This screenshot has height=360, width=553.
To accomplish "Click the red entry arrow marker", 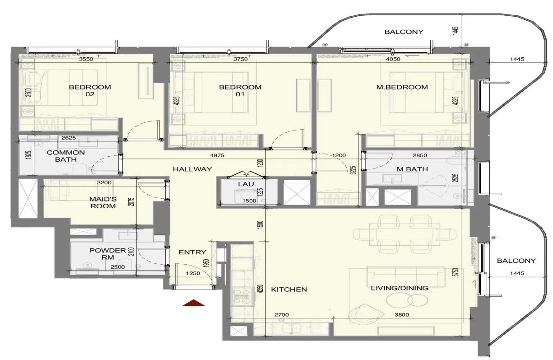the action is tap(194, 303).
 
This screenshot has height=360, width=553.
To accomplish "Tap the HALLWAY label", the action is tap(192, 169).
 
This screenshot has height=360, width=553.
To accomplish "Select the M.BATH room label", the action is tap(412, 169).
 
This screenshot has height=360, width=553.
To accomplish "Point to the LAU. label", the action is tap(247, 184).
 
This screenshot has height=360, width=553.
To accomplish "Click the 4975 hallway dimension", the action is tap(217, 155).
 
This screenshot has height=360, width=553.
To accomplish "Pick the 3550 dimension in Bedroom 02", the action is tap(86, 59).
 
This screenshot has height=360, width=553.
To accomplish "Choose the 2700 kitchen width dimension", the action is tap(281, 315).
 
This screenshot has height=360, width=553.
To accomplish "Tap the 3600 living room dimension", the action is tap(402, 315).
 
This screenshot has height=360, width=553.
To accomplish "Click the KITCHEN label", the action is tap(289, 290).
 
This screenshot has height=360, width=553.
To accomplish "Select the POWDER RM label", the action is tap(107, 254).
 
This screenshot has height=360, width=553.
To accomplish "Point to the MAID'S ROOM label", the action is tap(103, 203).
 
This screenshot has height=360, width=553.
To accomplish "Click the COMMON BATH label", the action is tap(66, 156).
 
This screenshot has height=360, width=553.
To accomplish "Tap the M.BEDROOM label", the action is tap(402, 87).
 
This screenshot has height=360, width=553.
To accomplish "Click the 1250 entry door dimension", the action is tap(193, 273).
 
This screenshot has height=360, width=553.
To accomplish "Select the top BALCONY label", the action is tap(404, 32).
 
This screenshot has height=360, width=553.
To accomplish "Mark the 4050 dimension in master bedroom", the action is tap(393, 59).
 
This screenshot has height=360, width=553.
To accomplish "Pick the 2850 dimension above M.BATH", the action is tap(420, 155).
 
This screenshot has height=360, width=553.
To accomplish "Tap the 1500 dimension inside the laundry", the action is tap(249, 201).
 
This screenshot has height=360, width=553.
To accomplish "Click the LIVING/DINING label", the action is tap(400, 288).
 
